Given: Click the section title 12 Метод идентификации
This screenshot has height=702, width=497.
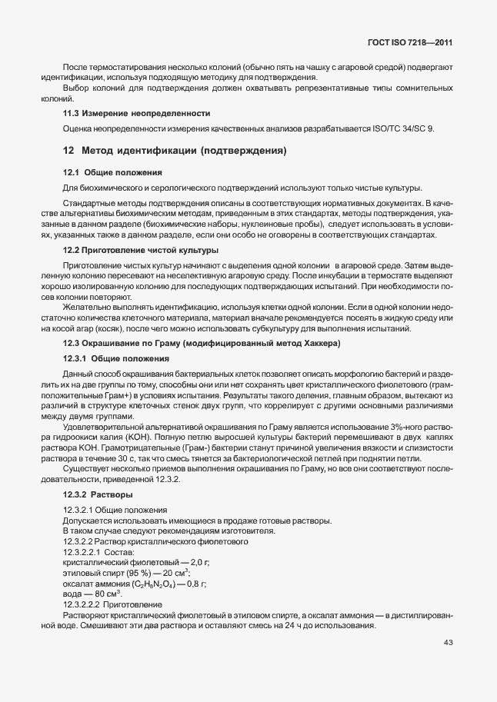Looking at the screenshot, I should click(x=175, y=151).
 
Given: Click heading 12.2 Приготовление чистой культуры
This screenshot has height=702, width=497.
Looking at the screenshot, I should click(x=140, y=250).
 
